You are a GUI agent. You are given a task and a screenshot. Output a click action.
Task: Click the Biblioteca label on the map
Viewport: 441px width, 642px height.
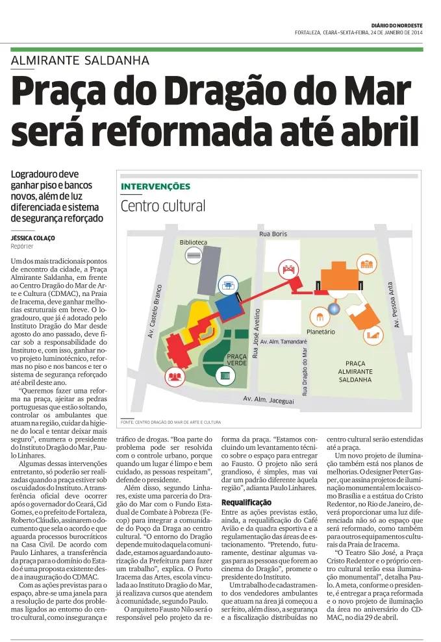tap(193, 242)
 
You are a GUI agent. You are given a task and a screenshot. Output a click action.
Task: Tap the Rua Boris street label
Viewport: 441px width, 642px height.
tap(273, 233)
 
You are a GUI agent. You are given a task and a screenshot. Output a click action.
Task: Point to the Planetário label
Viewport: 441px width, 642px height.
tap(320, 332)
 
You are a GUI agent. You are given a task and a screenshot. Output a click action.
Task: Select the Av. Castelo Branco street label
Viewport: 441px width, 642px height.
tap(157, 312)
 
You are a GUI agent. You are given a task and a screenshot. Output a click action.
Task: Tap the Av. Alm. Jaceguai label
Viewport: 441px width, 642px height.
tap(268, 399)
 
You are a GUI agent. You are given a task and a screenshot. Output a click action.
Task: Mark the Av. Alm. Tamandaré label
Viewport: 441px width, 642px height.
tap(283, 341)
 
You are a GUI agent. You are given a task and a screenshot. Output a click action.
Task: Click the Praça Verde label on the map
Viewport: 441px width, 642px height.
tap(236, 360)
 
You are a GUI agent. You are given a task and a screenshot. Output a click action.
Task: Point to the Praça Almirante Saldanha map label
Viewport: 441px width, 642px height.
tap(355, 371)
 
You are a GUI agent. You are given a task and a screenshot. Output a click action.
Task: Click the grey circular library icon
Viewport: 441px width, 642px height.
tap(194, 256)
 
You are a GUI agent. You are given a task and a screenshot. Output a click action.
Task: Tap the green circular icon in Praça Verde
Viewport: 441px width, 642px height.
tap(225, 377)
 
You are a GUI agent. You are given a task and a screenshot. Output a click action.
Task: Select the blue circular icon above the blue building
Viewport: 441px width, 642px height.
tap(228, 285)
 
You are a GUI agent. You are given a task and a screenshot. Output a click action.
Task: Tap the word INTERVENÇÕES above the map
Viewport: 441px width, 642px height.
tap(155, 186)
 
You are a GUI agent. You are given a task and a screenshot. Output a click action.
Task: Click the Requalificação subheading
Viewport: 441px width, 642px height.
tap(246, 502)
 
